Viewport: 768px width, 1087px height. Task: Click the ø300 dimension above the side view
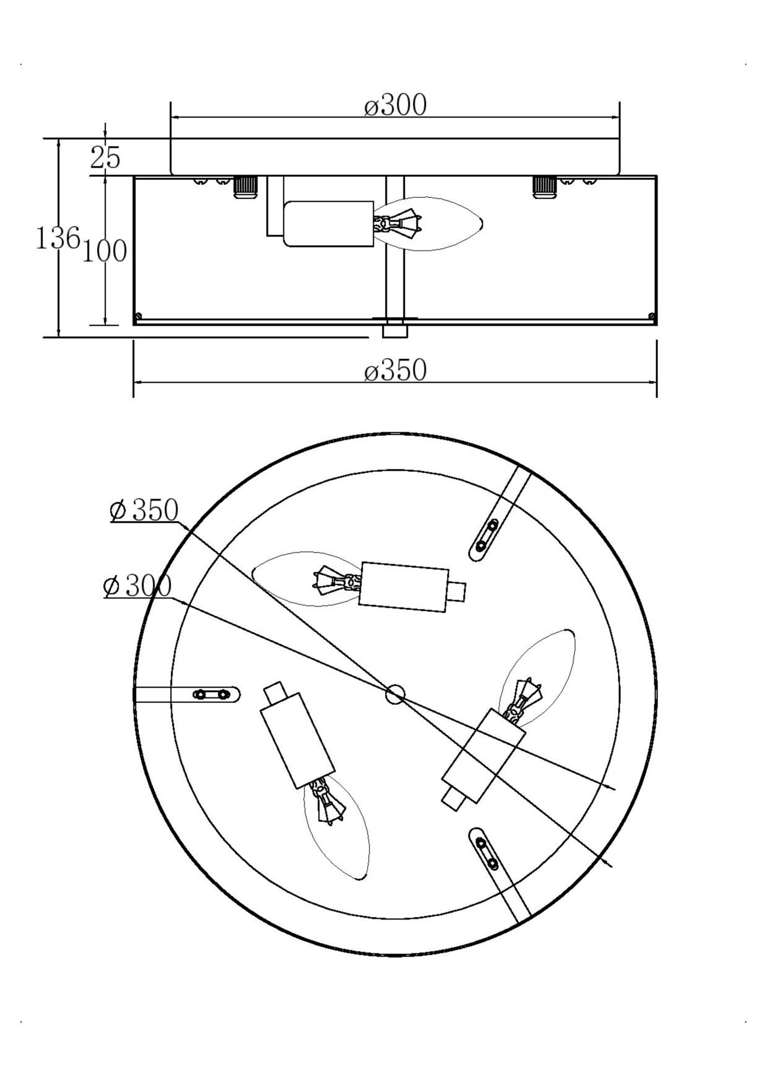pos(395,105)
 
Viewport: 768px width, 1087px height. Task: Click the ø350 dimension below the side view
pos(395,371)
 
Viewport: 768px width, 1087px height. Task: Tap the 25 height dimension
pos(105,158)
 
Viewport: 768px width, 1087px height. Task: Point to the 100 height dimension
pos(104,251)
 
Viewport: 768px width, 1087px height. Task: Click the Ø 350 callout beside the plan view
pos(144,511)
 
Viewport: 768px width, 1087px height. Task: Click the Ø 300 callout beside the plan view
pos(137,586)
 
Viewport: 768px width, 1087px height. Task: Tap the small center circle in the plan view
pos(395,694)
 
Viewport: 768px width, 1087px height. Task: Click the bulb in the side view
pos(435,223)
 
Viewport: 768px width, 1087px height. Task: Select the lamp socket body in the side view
pos(329,224)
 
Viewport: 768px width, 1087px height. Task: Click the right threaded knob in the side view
pos(544,187)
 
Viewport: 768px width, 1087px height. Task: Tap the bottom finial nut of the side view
pos(395,331)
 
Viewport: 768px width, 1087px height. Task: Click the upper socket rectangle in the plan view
pos(404,587)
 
